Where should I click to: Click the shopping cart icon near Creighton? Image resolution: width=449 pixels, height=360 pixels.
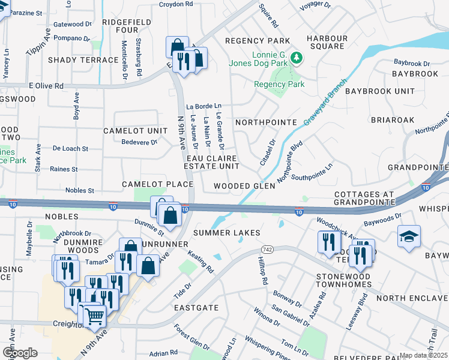tap(94, 315)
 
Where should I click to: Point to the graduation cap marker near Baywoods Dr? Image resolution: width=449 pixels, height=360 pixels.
tap(409, 236)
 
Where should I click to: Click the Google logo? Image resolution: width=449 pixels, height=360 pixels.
tap(20, 352)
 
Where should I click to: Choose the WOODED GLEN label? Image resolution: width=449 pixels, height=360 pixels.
tap(244, 186)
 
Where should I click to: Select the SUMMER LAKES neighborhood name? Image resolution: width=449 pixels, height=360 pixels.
tap(226, 232)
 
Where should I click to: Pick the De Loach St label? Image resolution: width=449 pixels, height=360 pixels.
tap(70, 148)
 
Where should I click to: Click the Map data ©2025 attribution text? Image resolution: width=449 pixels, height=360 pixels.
tap(423, 355)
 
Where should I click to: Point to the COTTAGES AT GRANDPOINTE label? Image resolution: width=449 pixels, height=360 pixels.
tap(365, 199)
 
